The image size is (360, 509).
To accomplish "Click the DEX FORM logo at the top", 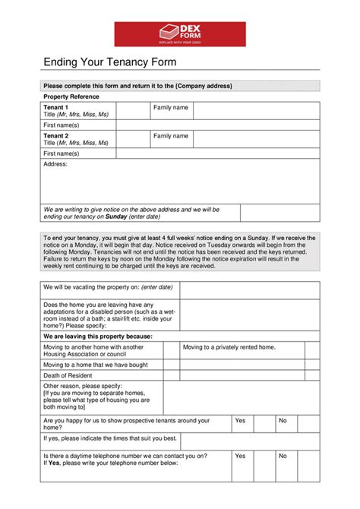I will coord(180,34).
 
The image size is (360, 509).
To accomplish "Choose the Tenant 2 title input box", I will coord(132,139).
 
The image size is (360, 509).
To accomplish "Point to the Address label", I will coord(55,164).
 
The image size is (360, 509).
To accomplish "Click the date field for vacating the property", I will coord(249,289).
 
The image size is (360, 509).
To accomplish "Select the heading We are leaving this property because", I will coord(98,335).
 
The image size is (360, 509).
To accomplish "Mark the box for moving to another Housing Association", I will coord(171,350).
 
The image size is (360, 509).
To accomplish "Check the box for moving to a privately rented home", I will coord(311,350).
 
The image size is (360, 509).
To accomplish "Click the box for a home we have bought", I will coord(171,365).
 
